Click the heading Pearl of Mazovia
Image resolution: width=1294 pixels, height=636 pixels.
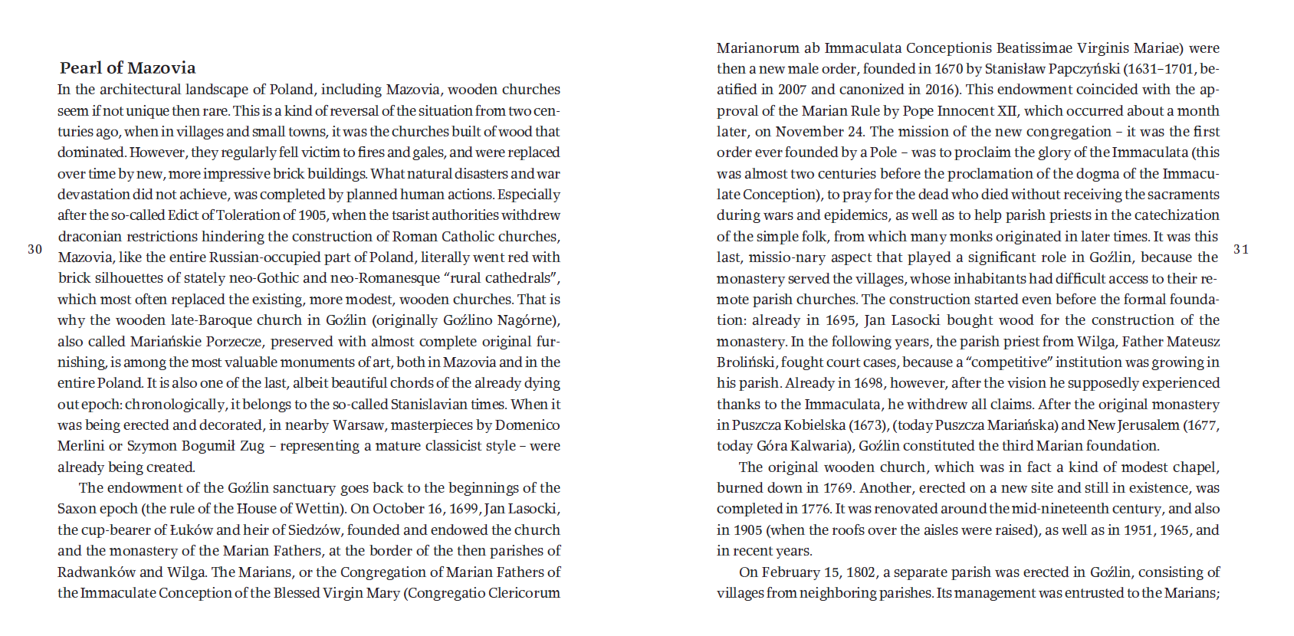127,67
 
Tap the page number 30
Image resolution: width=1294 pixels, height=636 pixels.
35,249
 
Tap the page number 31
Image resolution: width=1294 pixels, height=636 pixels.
1241,249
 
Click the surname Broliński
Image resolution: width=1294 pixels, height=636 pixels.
747,362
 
